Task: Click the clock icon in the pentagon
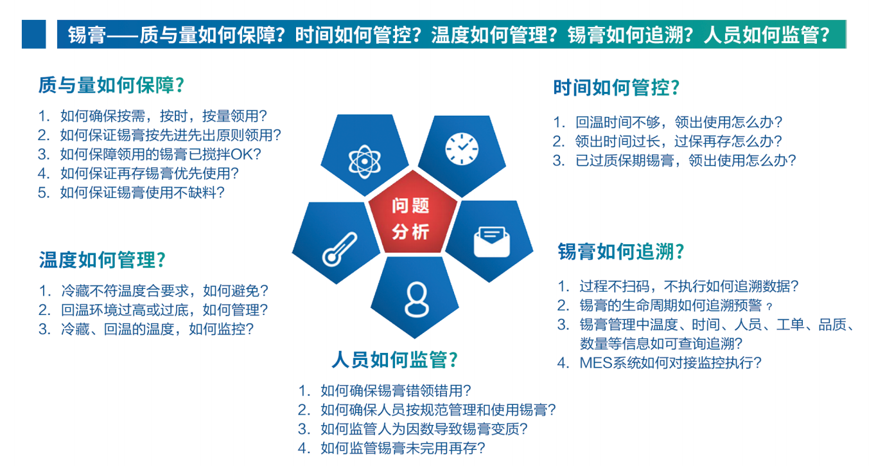click(462, 148)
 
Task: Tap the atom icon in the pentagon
click(365, 161)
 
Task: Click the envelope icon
click(491, 242)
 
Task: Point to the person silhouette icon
click(417, 300)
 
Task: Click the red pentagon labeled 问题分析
click(412, 213)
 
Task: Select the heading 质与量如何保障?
click(112, 85)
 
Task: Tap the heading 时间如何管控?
click(617, 87)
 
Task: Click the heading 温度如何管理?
click(103, 260)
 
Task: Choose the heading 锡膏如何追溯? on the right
click(621, 251)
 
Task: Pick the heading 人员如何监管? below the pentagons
click(394, 359)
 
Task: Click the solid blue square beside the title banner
click(33, 34)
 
